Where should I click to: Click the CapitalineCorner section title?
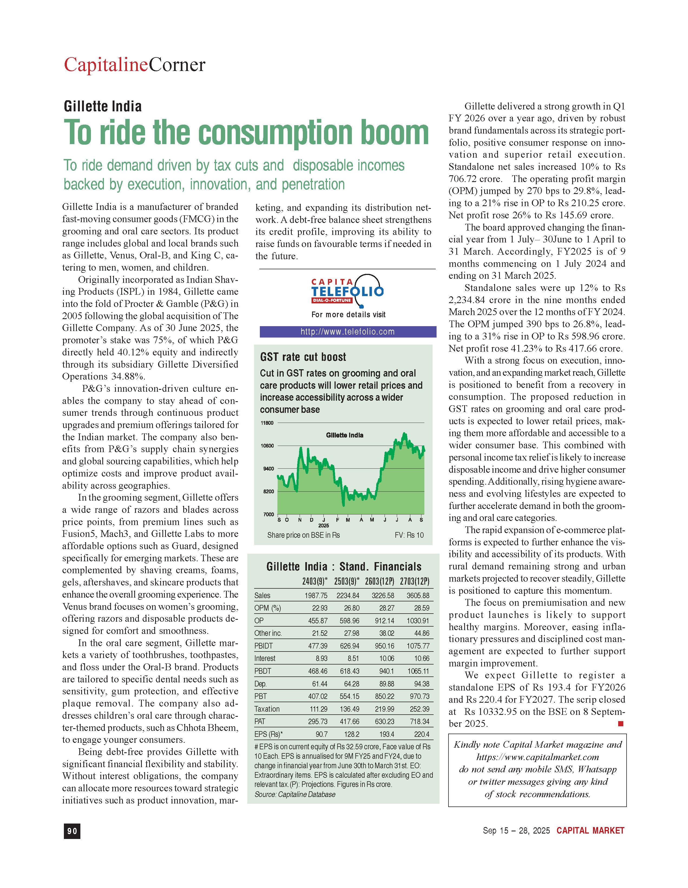[x=135, y=65]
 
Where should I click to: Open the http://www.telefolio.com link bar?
[x=348, y=332]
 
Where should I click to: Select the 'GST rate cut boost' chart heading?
[x=303, y=357]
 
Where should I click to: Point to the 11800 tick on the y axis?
[x=267, y=423]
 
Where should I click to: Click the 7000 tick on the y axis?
[x=268, y=514]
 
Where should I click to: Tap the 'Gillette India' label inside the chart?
[x=345, y=435]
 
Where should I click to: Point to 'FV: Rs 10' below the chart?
[x=409, y=535]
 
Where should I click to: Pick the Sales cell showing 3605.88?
[x=418, y=596]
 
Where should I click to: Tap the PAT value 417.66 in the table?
[x=349, y=721]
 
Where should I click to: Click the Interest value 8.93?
[x=321, y=658]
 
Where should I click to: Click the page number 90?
[x=72, y=831]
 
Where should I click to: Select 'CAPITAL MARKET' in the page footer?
[x=590, y=831]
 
